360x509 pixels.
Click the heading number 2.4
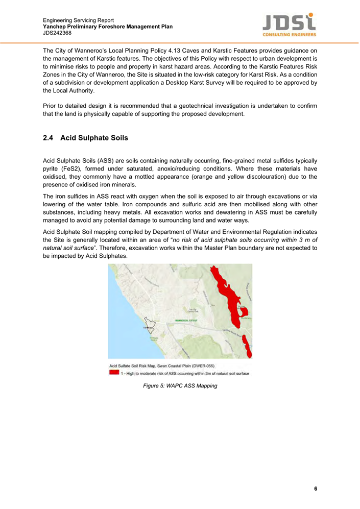pyautogui.click(x=49, y=138)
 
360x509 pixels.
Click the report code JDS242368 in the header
pyautogui.click(x=57, y=33)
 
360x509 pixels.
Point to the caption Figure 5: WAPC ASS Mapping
pyautogui.click(x=180, y=386)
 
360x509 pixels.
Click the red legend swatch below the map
pyautogui.click(x=114, y=373)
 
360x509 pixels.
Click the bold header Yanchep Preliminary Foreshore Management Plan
pyautogui.click(x=108, y=27)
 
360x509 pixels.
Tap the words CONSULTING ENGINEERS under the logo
pyautogui.click(x=289, y=35)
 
